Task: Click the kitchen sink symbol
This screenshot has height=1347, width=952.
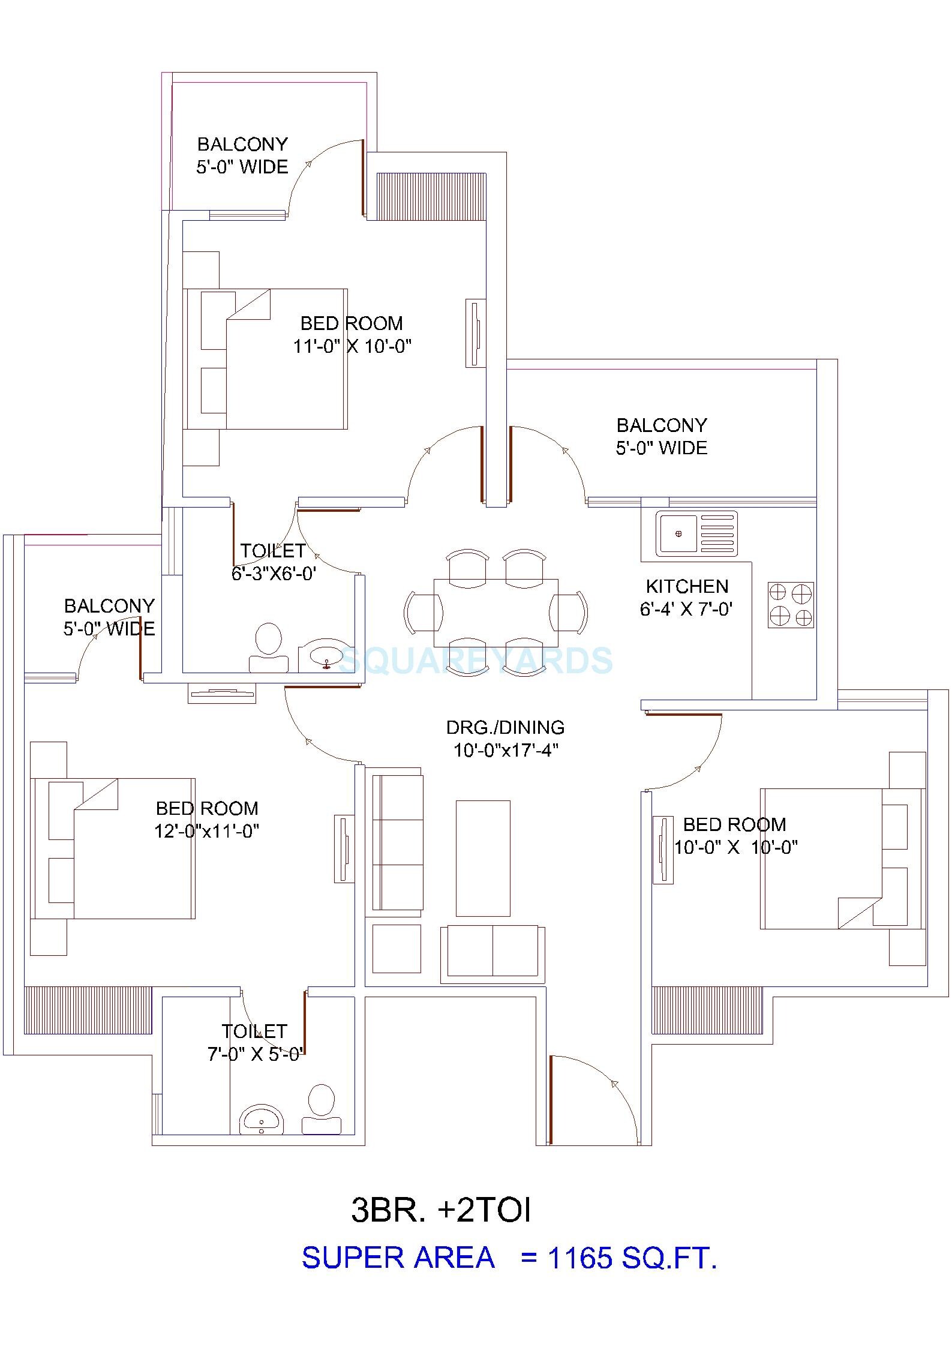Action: [695, 533]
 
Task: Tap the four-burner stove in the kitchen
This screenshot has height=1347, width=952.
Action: [790, 605]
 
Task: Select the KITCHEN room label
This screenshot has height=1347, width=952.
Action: [687, 586]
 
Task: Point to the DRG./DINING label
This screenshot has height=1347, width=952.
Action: [505, 727]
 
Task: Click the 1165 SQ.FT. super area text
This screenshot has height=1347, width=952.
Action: [632, 1258]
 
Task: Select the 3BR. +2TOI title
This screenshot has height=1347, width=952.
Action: [441, 1210]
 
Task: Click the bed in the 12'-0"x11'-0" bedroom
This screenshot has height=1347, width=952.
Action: [114, 848]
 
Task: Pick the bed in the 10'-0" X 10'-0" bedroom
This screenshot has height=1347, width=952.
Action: [840, 859]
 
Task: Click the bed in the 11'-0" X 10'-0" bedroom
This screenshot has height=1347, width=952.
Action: [267, 359]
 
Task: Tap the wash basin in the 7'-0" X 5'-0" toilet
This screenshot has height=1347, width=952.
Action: [261, 1120]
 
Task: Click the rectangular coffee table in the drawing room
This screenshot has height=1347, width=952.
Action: [483, 858]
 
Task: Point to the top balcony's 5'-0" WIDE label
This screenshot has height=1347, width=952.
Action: [242, 166]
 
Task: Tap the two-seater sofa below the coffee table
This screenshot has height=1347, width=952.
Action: [492, 954]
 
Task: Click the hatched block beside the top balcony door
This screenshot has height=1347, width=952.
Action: [431, 196]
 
